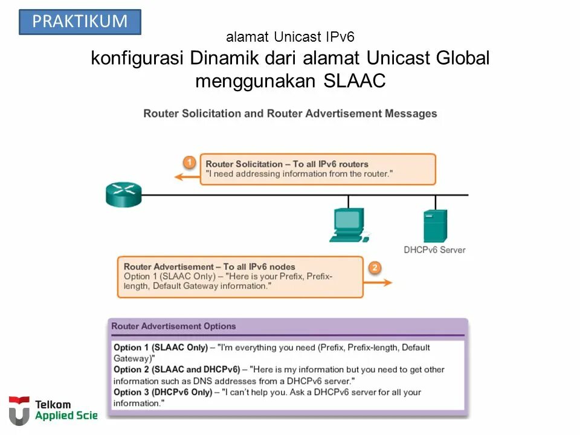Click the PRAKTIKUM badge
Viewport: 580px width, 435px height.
tap(80, 22)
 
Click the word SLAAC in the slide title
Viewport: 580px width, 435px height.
tap(354, 80)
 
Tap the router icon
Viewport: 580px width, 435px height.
tap(123, 195)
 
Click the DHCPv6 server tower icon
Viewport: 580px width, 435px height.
tap(435, 225)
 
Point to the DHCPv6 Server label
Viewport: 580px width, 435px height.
tap(434, 250)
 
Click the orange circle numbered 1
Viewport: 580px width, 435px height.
tap(190, 163)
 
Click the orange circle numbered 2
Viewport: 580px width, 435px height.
tap(375, 268)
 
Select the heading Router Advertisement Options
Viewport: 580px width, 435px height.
tap(173, 326)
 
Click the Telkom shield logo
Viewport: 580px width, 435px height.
tap(19, 410)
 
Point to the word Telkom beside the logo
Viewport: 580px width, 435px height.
tap(53, 404)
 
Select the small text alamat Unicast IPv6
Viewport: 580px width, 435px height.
tap(290, 37)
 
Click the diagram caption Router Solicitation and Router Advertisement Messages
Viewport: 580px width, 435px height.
tap(290, 114)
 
